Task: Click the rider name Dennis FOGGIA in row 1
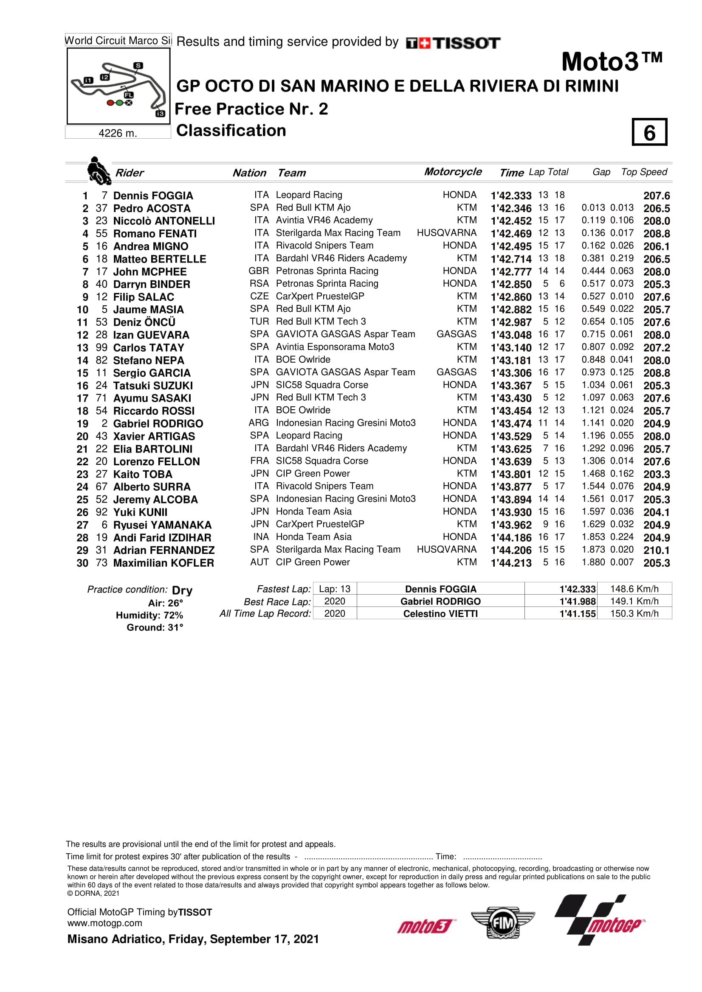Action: pyautogui.click(x=153, y=196)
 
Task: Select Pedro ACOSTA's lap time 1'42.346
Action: pyautogui.click(x=511, y=208)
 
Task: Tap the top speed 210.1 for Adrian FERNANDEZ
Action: pyautogui.click(x=656, y=550)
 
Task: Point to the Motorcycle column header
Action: pyautogui.click(x=452, y=172)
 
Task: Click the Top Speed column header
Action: pyautogui.click(x=644, y=172)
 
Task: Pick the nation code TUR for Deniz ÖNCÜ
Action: pyautogui.click(x=259, y=322)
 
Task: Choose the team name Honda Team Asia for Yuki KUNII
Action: pyautogui.click(x=313, y=511)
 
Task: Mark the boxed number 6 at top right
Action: pyautogui.click(x=649, y=132)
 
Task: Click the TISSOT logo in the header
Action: pyautogui.click(x=453, y=43)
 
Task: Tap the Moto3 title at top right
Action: pyautogui.click(x=611, y=62)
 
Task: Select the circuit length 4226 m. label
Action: pyautogui.click(x=118, y=133)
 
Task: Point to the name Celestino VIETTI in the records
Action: pyautogui.click(x=440, y=614)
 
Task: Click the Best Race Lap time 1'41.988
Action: pyautogui.click(x=578, y=601)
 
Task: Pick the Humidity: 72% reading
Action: pyautogui.click(x=149, y=615)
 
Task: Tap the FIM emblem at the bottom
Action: pyautogui.click(x=502, y=923)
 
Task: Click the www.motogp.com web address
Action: pyautogui.click(x=104, y=923)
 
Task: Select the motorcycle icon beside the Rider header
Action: pyautogui.click(x=99, y=171)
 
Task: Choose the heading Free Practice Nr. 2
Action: pyautogui.click(x=251, y=109)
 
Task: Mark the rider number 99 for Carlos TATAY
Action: pyautogui.click(x=101, y=347)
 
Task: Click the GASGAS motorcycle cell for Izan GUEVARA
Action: pyautogui.click(x=457, y=334)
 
